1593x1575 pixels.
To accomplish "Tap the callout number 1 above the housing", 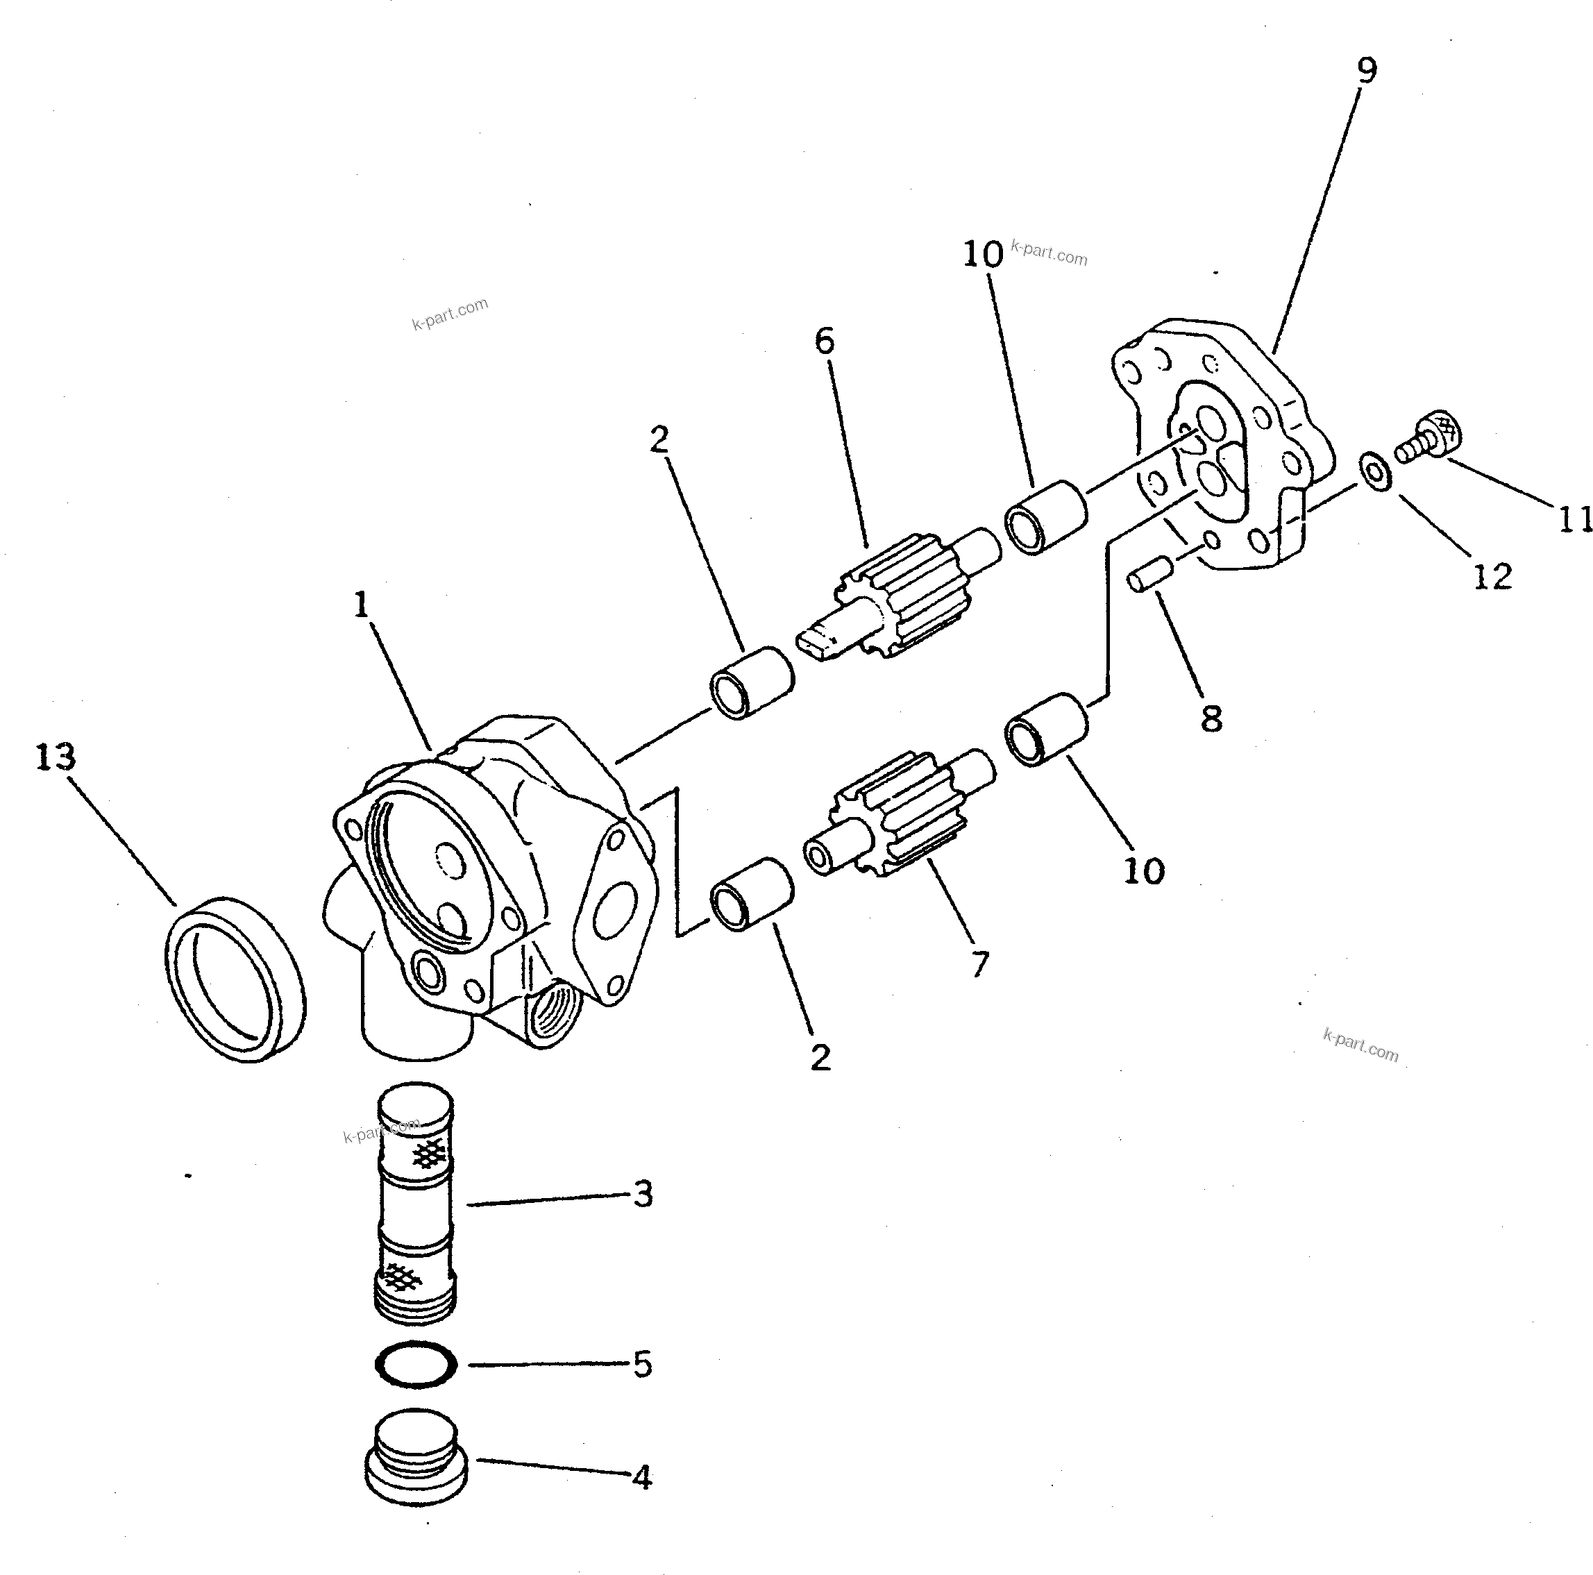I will [361, 606].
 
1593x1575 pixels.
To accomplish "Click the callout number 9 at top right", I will [1367, 70].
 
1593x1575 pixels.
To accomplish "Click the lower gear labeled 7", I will [899, 812].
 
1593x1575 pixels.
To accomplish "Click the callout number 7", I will [979, 963].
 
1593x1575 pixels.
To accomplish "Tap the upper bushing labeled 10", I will [1045, 516].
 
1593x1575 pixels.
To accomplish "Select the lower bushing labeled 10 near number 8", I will [1045, 729].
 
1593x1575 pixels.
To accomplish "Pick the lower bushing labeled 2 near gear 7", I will [751, 895].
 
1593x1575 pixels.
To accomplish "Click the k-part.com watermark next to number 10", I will [1049, 253].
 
